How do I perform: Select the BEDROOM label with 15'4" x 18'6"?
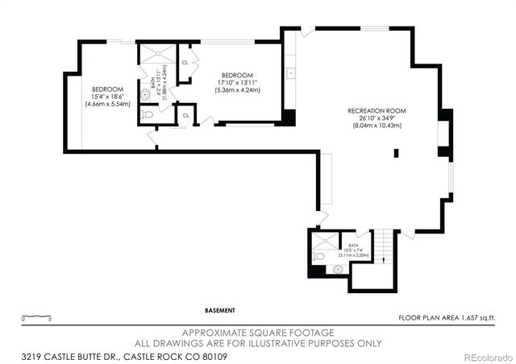[x=106, y=89]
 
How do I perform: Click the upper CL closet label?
[x=185, y=62]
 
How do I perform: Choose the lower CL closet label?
[x=185, y=115]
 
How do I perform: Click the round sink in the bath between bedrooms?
[x=146, y=94]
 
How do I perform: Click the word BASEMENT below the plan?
[x=220, y=310]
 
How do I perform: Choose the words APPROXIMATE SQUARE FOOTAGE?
[x=258, y=333]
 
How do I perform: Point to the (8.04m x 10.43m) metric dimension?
[x=374, y=126]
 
